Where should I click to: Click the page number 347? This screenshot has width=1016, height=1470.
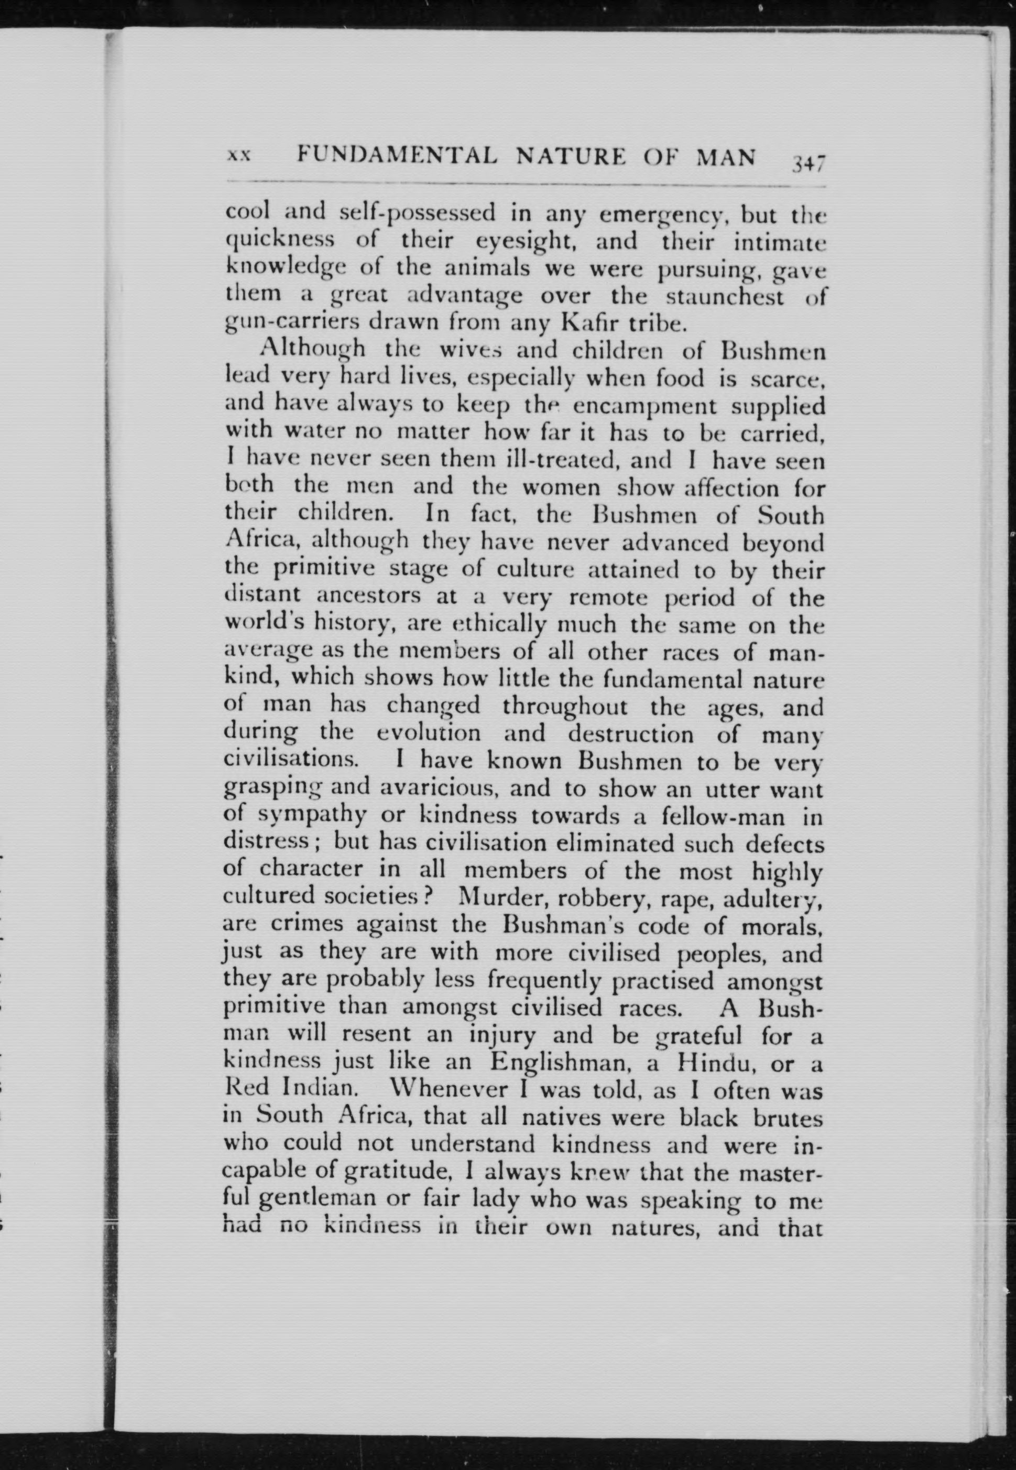click(x=808, y=163)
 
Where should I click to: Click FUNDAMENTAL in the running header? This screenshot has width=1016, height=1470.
click(x=398, y=156)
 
